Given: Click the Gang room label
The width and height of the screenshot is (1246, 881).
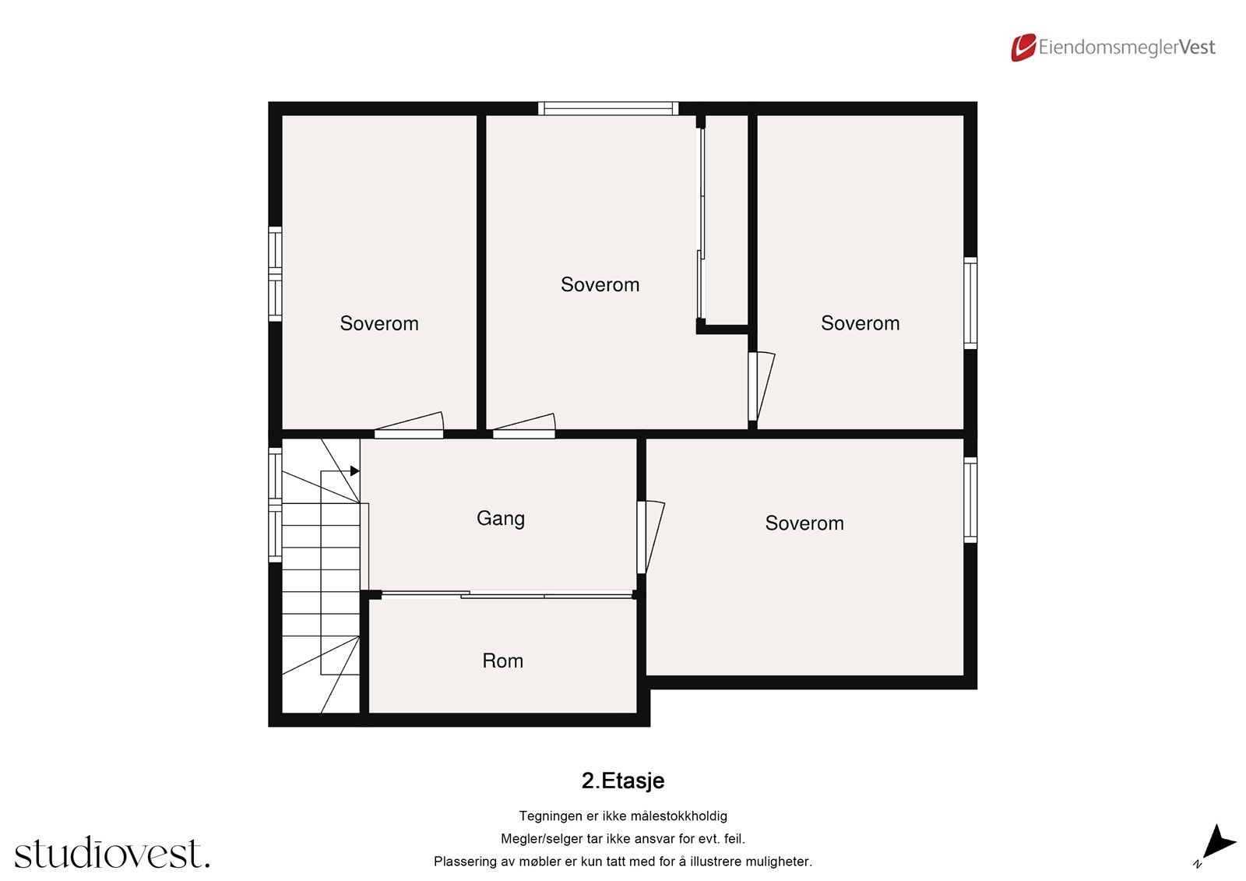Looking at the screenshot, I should (x=500, y=519).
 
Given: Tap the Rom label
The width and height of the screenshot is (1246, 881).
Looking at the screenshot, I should (x=502, y=661).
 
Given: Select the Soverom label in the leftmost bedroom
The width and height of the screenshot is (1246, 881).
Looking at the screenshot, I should (x=378, y=323).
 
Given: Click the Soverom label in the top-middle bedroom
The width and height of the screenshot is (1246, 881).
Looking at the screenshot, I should (x=600, y=284).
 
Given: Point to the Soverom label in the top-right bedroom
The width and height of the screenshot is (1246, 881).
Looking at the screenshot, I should (x=860, y=323).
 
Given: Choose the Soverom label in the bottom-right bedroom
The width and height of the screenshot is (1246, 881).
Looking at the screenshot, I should (x=804, y=523).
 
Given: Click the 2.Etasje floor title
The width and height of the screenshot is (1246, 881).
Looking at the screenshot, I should (x=622, y=781).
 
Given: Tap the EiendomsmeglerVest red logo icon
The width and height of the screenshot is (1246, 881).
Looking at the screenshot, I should (x=1022, y=48).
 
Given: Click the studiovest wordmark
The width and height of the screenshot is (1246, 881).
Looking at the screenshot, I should (x=111, y=853).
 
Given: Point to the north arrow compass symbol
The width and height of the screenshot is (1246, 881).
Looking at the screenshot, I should (x=1216, y=844).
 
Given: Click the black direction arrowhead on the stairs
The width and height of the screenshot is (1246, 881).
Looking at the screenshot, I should (x=354, y=471).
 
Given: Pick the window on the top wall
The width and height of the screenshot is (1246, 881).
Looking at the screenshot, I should (x=607, y=109).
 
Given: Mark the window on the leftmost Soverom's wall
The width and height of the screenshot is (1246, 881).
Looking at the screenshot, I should (x=275, y=274).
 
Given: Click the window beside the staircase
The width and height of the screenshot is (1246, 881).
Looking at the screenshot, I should (x=275, y=504).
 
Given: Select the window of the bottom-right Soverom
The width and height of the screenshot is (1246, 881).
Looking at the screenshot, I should (x=970, y=500).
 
